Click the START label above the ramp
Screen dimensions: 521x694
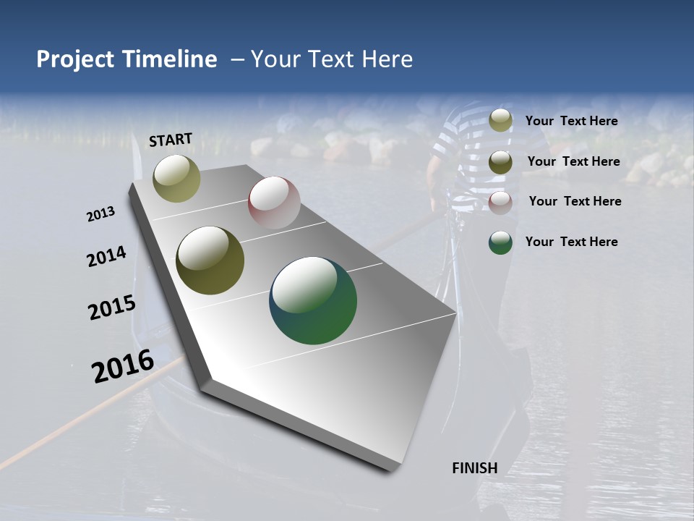click(171, 140)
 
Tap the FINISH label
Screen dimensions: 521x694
click(474, 468)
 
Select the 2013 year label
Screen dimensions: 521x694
click(101, 214)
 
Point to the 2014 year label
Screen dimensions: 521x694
click(107, 257)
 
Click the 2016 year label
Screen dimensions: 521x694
click(123, 366)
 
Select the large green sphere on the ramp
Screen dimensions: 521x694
click(313, 300)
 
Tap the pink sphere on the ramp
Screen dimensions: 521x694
click(274, 203)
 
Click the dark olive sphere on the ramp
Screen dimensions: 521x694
click(210, 260)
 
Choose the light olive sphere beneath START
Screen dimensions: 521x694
click(176, 178)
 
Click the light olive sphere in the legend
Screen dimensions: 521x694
click(500, 121)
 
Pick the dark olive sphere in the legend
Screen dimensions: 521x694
click(500, 162)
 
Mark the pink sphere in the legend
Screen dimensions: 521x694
click(500, 203)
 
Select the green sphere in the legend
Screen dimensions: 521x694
click(500, 242)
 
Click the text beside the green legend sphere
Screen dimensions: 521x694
click(571, 242)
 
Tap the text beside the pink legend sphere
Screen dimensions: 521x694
click(575, 201)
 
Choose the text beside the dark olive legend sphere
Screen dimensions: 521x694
click(573, 161)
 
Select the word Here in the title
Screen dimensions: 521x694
click(386, 59)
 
